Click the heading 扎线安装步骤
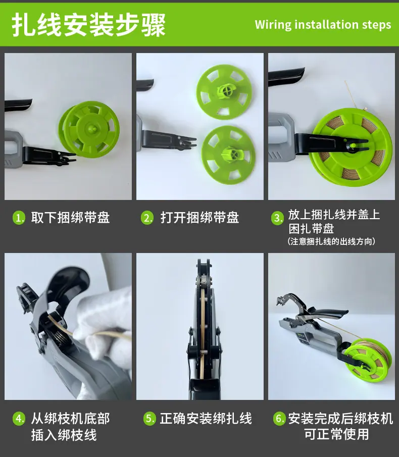(89, 25)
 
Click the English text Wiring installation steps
(323, 25)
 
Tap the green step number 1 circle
(19, 218)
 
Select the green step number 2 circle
(147, 218)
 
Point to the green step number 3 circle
(277, 218)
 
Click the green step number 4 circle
(19, 419)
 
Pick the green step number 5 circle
(149, 419)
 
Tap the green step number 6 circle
(279, 419)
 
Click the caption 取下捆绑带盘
(71, 218)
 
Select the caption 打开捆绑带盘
(199, 218)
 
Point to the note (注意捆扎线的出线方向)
(331, 241)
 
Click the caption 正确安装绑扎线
(206, 419)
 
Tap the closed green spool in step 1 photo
(89, 129)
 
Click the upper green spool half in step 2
(224, 92)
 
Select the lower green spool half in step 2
(229, 155)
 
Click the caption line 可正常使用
(337, 434)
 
